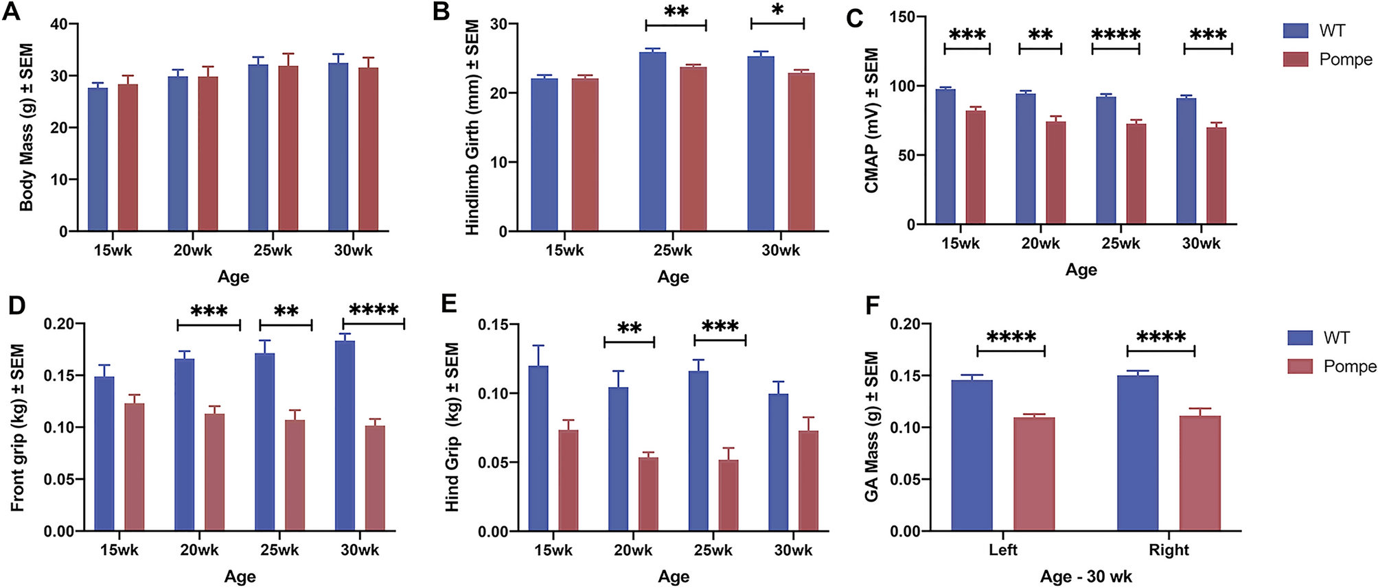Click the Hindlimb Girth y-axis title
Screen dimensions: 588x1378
point(472,128)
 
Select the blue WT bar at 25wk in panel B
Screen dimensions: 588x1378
point(652,141)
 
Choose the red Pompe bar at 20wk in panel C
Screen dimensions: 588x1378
point(1055,172)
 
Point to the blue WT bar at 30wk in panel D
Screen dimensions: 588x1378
point(345,436)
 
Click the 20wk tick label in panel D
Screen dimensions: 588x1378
point(199,550)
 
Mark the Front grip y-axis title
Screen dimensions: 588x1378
point(18,427)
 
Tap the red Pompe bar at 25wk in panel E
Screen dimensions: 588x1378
point(728,495)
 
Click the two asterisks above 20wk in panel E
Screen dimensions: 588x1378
point(629,329)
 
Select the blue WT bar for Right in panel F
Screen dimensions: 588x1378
point(1138,453)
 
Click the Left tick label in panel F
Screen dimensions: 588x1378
point(1002,550)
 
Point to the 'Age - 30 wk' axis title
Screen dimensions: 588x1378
point(1086,576)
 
